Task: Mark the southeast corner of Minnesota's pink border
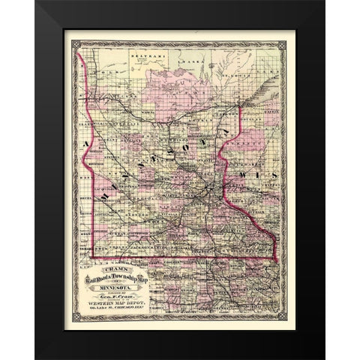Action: coord(277,259)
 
